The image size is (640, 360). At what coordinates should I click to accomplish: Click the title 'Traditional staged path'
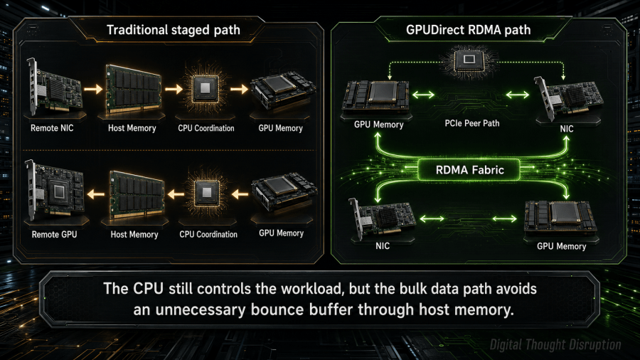pos(173,30)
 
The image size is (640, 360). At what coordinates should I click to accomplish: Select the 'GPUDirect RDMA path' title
pos(468,30)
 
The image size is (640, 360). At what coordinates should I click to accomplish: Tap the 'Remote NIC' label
pos(52,128)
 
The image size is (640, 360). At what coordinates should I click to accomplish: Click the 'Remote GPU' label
pos(54,235)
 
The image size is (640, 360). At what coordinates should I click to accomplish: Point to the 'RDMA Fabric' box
pos(469,170)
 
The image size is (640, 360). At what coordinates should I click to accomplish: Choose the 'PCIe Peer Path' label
pos(472,123)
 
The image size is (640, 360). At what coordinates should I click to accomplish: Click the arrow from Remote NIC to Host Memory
pos(93,88)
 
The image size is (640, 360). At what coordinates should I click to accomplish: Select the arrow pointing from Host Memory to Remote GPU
pos(96,194)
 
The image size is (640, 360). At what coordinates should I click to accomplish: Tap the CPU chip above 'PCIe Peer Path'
pos(469,60)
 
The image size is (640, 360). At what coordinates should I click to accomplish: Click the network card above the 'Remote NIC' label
pos(54,87)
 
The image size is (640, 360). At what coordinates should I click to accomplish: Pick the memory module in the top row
pos(133,88)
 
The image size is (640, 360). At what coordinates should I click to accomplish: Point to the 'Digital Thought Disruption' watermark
pos(555,345)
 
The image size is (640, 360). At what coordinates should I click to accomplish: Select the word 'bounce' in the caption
pos(277,309)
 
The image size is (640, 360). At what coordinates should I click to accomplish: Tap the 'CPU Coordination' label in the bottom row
pos(208,235)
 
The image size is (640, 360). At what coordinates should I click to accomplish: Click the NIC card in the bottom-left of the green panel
pos(382,218)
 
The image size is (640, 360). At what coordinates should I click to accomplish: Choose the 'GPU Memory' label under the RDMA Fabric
pos(561,247)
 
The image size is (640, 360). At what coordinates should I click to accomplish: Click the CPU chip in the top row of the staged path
pos(206,88)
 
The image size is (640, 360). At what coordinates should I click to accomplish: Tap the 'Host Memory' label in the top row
pos(132,128)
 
